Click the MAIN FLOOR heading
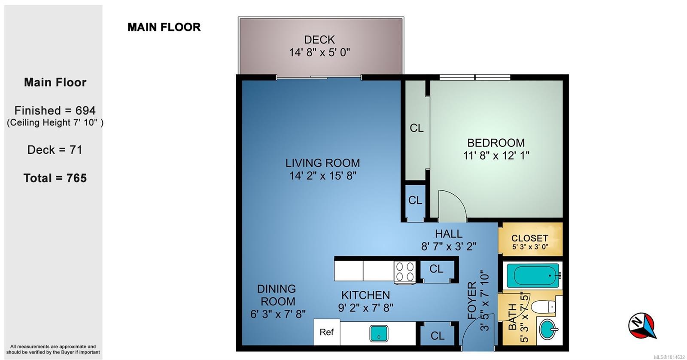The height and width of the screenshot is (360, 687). pyautogui.click(x=164, y=27)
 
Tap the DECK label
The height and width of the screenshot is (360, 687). pyautogui.click(x=319, y=40)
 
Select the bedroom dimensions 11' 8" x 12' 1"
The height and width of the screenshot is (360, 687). pyautogui.click(x=496, y=156)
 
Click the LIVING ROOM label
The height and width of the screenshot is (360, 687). pyautogui.click(x=322, y=163)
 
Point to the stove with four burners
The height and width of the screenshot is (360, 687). pyautogui.click(x=405, y=272)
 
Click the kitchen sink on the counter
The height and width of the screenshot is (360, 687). pyautogui.click(x=379, y=333)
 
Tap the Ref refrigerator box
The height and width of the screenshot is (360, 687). pyautogui.click(x=326, y=332)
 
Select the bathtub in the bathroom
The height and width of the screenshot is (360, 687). pyautogui.click(x=532, y=275)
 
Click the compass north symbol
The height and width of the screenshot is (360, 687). pyautogui.click(x=642, y=326)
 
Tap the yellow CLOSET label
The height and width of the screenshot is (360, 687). pyautogui.click(x=529, y=238)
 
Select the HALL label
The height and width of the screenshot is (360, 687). pyautogui.click(x=449, y=234)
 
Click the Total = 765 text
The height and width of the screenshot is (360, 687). pyautogui.click(x=55, y=178)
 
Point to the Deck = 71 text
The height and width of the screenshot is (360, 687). pyautogui.click(x=55, y=150)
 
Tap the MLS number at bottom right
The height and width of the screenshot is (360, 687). pyautogui.click(x=669, y=357)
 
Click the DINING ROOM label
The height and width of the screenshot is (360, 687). pyautogui.click(x=277, y=295)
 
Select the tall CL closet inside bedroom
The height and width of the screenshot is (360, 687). pyautogui.click(x=416, y=128)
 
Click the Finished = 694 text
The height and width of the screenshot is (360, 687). pyautogui.click(x=55, y=110)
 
